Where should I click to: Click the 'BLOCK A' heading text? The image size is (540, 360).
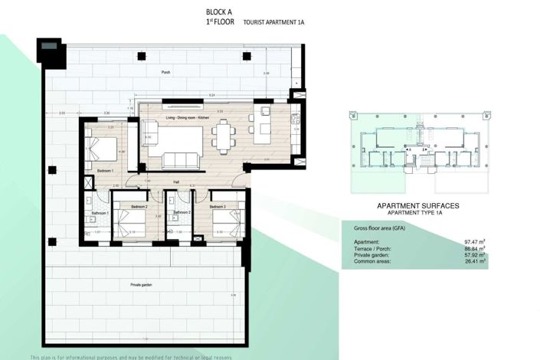(219, 11)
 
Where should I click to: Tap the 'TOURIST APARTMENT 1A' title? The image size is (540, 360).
(273, 22)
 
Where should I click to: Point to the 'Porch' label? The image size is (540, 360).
(165, 72)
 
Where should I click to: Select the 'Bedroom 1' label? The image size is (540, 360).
(106, 170)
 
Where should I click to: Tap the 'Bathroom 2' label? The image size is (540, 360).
(182, 212)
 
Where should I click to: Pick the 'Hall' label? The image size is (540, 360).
(175, 182)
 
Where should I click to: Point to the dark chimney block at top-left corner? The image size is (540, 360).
(51, 49)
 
